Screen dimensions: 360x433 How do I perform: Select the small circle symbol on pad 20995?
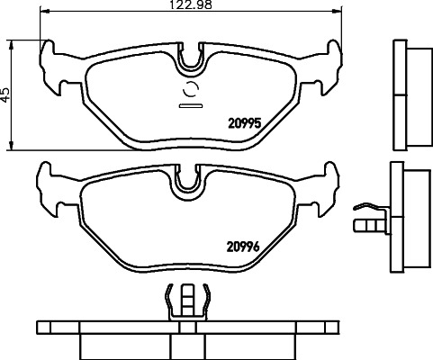(192, 89)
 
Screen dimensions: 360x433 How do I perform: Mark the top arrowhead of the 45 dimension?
(10, 40)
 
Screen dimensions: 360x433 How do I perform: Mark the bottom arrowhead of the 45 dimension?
(10, 148)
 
